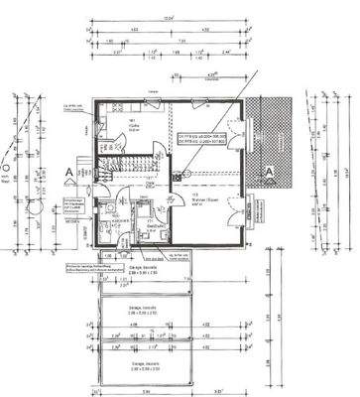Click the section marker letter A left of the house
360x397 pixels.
67,171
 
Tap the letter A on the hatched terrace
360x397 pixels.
269,170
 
